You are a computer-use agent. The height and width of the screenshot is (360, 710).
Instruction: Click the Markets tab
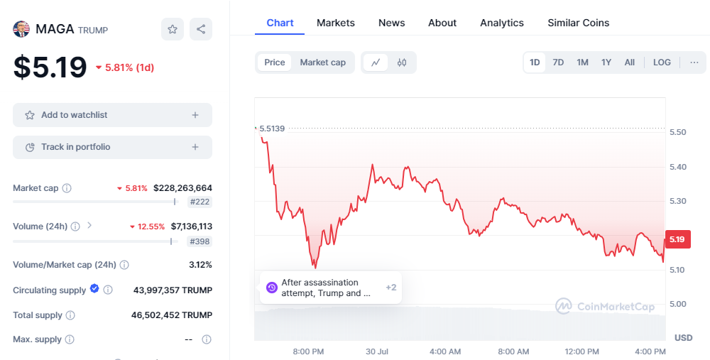click(336, 23)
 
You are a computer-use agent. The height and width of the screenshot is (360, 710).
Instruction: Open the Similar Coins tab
click(578, 23)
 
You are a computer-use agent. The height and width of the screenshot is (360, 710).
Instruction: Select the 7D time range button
click(558, 62)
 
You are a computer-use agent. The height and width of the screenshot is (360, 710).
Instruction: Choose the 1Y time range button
click(606, 62)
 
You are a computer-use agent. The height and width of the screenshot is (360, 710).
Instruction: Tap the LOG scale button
click(662, 62)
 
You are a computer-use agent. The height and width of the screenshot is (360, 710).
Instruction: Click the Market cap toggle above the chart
click(322, 62)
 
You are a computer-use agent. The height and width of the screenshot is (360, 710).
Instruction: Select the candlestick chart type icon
click(402, 62)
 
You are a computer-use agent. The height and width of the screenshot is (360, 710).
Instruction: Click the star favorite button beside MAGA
click(173, 29)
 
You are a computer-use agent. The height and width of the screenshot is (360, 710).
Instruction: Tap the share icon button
click(201, 29)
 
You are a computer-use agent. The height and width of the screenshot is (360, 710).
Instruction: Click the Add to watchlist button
click(112, 115)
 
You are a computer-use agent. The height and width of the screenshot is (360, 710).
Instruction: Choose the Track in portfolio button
click(112, 147)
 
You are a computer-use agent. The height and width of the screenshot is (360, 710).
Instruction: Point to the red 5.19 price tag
click(677, 239)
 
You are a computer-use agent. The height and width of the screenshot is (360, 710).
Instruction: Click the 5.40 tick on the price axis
click(678, 167)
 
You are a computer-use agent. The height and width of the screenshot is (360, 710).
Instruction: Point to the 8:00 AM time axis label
click(513, 352)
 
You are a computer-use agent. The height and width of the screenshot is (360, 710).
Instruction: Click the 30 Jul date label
click(377, 352)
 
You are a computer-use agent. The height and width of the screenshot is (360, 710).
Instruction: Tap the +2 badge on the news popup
click(390, 288)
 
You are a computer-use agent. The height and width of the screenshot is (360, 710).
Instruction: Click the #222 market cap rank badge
click(200, 202)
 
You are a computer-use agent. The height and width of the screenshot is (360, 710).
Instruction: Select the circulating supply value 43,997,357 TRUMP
click(173, 290)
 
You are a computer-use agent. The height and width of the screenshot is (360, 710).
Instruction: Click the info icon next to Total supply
click(70, 315)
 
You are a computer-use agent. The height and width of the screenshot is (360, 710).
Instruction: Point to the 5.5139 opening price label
click(272, 129)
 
